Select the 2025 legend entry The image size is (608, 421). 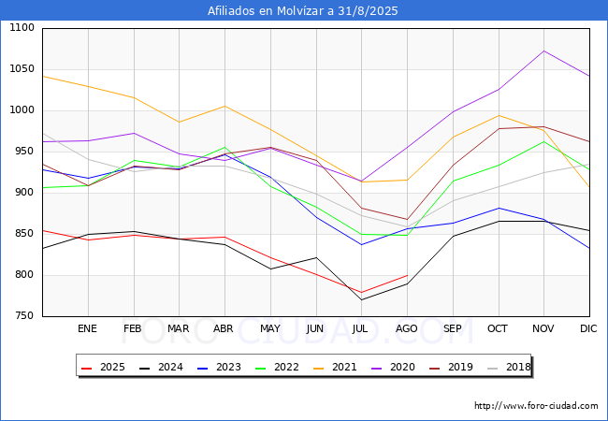pyautogui.click(x=103, y=367)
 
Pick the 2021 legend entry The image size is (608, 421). pyautogui.click(x=335, y=367)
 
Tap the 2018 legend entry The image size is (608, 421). pyautogui.click(x=509, y=367)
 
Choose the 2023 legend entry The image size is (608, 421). pyautogui.click(x=219, y=367)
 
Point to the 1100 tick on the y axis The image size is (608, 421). pyautogui.click(x=22, y=27)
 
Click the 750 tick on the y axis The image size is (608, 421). pyautogui.click(x=24, y=315)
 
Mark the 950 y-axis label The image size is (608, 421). pyautogui.click(x=24, y=151)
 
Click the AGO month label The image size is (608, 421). pyautogui.click(x=406, y=328)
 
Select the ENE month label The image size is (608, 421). pyautogui.click(x=87, y=328)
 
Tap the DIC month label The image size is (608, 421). pyautogui.click(x=588, y=328)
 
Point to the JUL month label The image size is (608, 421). pyautogui.click(x=360, y=328)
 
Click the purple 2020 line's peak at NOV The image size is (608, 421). pyautogui.click(x=544, y=51)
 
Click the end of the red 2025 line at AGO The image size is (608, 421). pyautogui.click(x=407, y=275)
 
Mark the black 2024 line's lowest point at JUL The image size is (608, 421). pyautogui.click(x=361, y=299)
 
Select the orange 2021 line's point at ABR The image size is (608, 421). pyautogui.click(x=224, y=106)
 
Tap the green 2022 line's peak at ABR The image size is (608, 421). pyautogui.click(x=224, y=147)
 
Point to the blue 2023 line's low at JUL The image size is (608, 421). pyautogui.click(x=361, y=244)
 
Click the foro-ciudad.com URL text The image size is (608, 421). pyautogui.click(x=536, y=406)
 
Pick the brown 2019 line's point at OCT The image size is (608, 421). pyautogui.click(x=499, y=128)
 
